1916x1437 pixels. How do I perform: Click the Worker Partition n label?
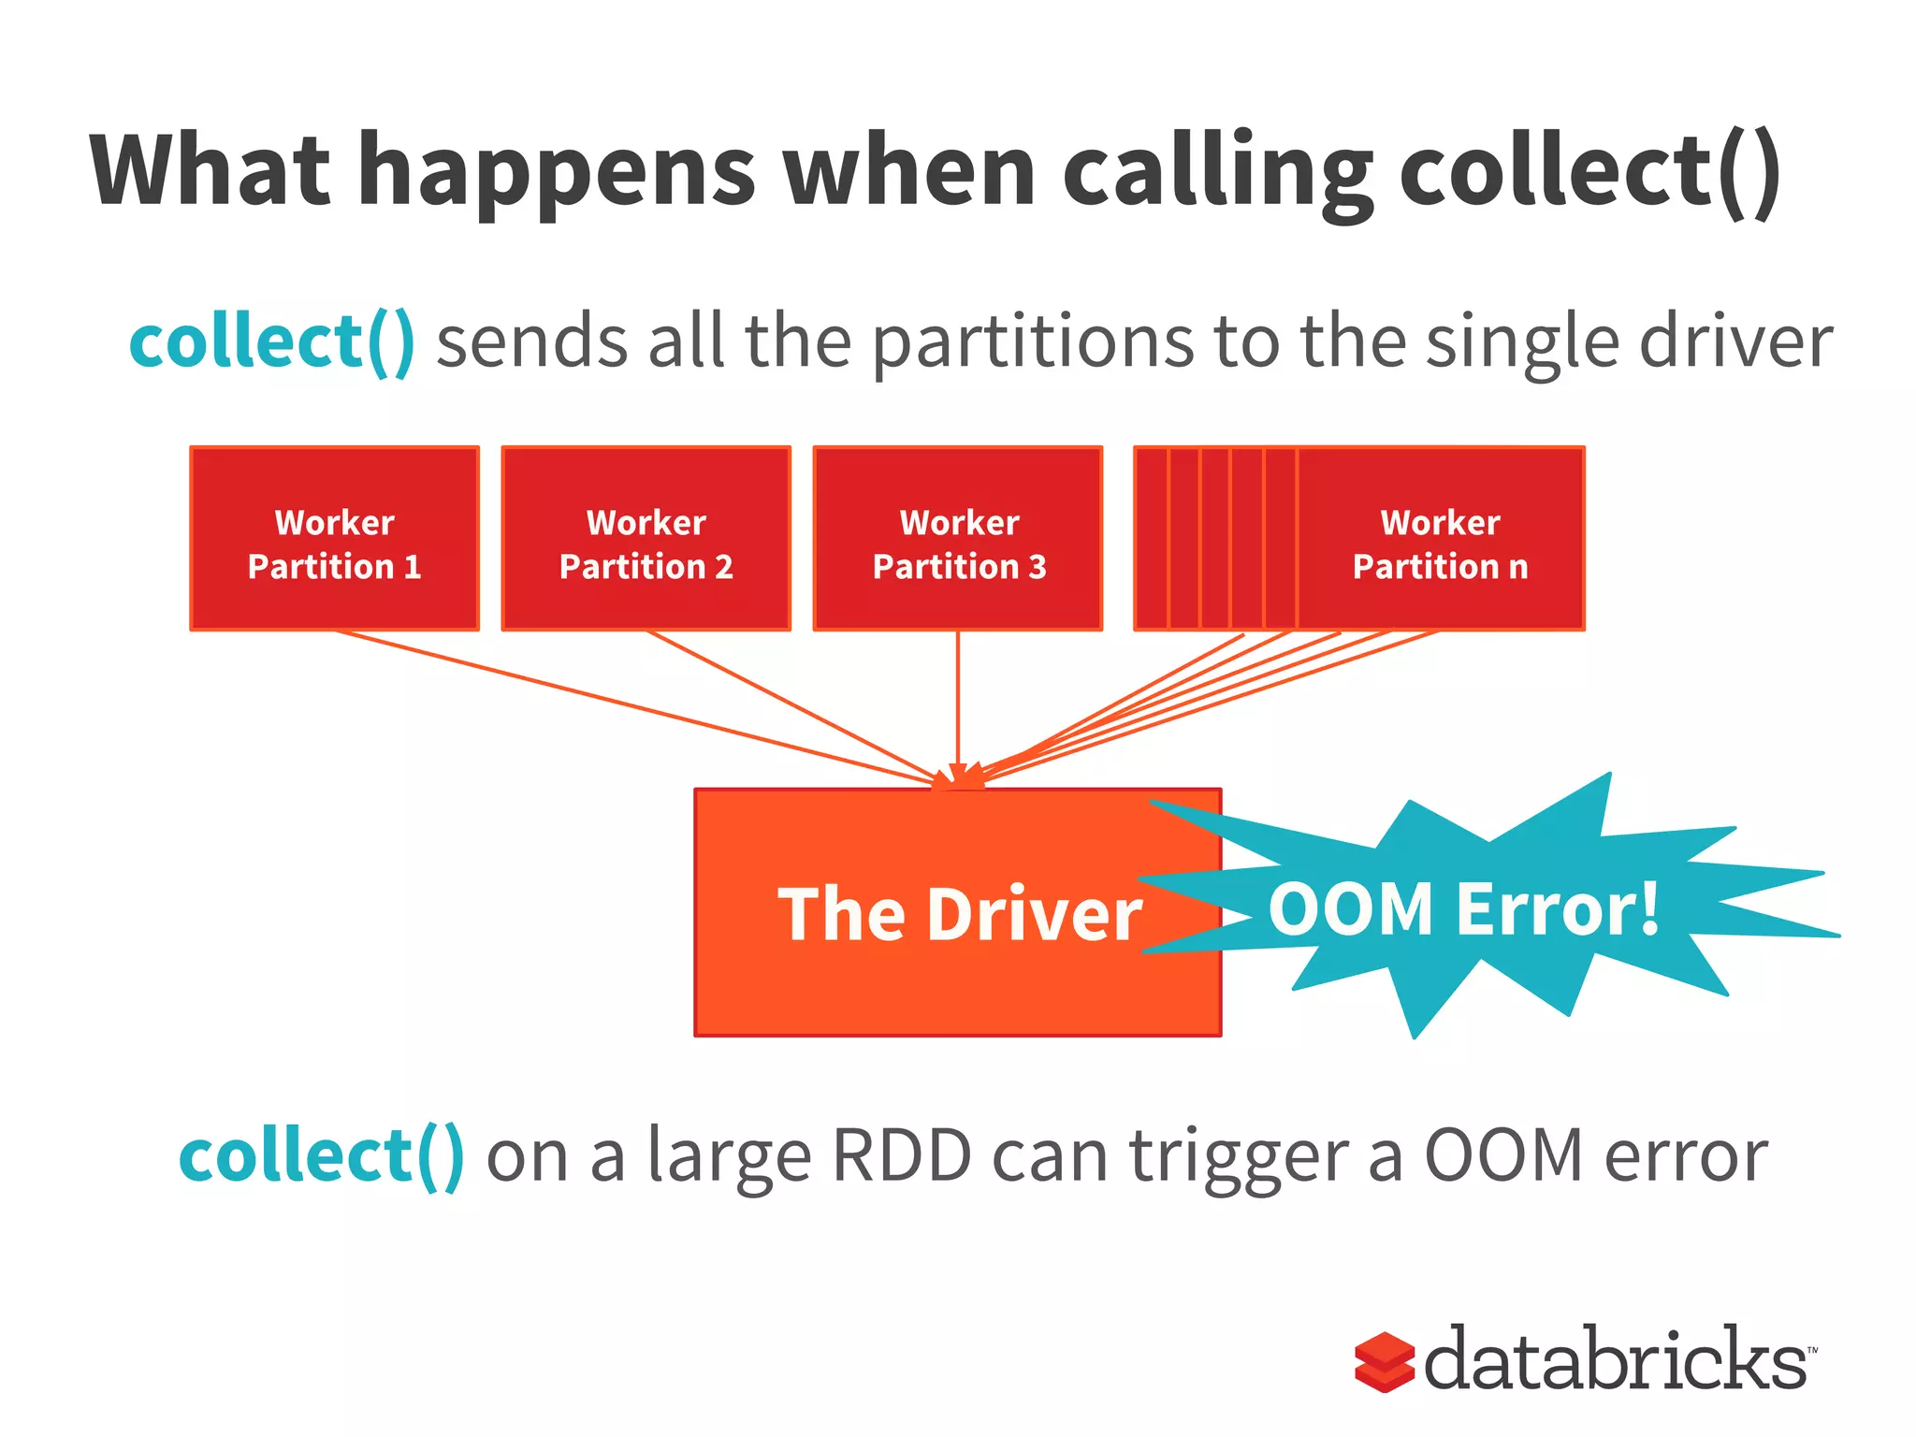1440,544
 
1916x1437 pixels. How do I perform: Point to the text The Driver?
958,914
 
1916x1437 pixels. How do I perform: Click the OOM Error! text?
1463,909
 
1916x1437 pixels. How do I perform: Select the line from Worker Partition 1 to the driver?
636,707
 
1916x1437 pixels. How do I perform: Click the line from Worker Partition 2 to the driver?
795,707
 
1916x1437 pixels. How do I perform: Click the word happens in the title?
558,173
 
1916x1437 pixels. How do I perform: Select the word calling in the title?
1217,173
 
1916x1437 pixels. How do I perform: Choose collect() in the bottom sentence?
321,1156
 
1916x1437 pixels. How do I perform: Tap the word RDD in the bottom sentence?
902,1156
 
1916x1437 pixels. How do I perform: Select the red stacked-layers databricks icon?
1384,1361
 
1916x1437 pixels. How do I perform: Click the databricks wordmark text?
1616,1358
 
